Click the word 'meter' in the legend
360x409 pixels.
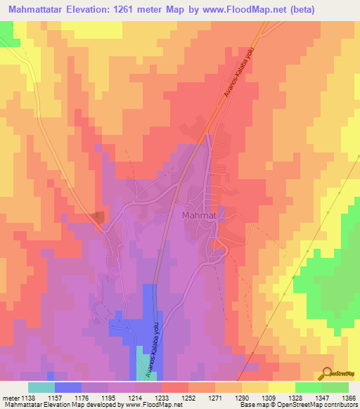click(x=8, y=398)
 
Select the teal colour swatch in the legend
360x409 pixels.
click(x=41, y=387)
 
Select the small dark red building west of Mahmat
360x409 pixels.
click(x=99, y=216)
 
